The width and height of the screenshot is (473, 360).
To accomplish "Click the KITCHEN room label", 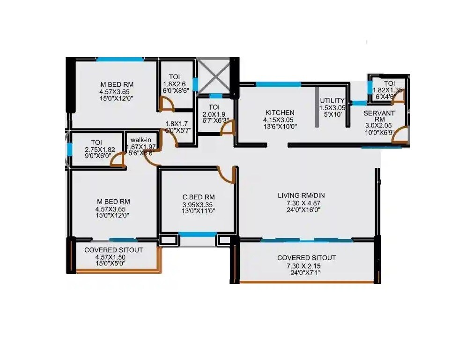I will pyautogui.click(x=280, y=112).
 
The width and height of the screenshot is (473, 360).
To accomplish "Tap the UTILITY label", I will pyautogui.click(x=332, y=101).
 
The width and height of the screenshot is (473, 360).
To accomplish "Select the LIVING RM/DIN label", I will pyautogui.click(x=301, y=195).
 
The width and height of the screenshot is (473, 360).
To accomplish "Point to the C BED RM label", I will pyautogui.click(x=198, y=197).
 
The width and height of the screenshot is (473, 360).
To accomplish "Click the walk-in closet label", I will pyautogui.click(x=140, y=140).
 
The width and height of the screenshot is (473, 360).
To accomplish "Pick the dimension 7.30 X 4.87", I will pyautogui.click(x=301, y=203).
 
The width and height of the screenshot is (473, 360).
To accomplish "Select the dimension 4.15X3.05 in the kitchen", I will pyautogui.click(x=280, y=120).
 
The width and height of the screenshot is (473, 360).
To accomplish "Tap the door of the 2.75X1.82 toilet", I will pyautogui.click(x=117, y=161).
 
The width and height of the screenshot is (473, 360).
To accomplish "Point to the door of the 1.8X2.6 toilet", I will pyautogui.click(x=166, y=104).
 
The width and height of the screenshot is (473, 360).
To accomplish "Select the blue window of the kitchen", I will pyautogui.click(x=278, y=84).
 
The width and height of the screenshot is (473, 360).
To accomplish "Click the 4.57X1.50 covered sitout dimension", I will pyautogui.click(x=110, y=257).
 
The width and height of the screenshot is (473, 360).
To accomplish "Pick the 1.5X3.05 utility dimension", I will pyautogui.click(x=332, y=107).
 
